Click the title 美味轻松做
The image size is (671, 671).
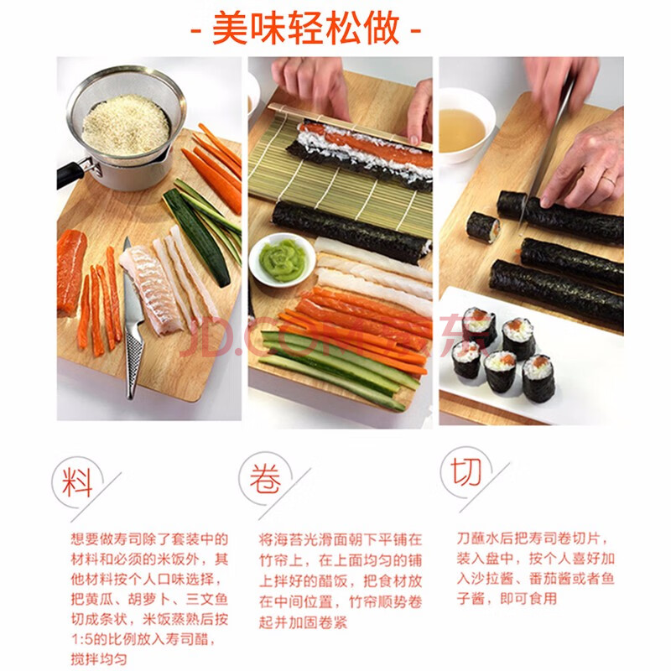[305, 29]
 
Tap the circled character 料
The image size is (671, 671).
[77, 481]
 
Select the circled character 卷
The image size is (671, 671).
[265, 479]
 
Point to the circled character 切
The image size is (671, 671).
[466, 472]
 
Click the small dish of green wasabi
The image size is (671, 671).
[282, 260]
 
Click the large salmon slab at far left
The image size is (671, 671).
[71, 271]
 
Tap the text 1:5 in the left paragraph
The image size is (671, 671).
[81, 639]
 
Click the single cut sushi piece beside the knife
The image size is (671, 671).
[483, 226]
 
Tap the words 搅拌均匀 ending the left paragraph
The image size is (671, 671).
[99, 659]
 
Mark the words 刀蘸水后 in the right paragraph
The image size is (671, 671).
[486, 538]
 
